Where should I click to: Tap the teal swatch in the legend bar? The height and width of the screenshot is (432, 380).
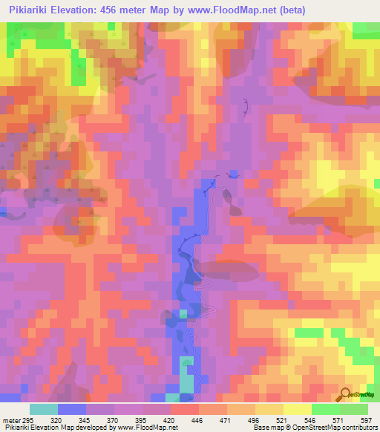coord(44,409)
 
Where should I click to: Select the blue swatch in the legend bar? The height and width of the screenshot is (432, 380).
coord(72,409)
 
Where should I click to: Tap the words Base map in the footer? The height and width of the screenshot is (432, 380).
coord(266,428)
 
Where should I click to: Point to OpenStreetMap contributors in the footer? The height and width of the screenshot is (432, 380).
coord(333,428)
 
